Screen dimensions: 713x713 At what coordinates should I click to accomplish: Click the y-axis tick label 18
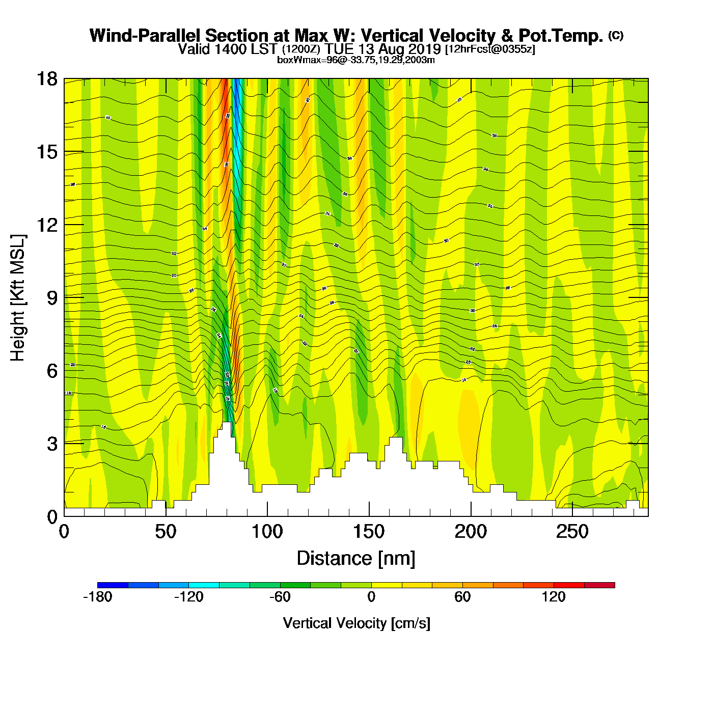[x=46, y=79]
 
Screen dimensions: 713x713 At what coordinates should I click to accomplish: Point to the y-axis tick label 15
[x=46, y=152]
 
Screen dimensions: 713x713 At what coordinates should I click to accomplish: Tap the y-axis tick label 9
[x=52, y=298]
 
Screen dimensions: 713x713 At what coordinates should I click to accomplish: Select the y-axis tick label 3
[x=52, y=444]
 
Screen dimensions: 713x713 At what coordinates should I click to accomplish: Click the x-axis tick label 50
[x=166, y=532]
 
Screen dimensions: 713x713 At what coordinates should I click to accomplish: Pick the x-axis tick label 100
[x=267, y=532]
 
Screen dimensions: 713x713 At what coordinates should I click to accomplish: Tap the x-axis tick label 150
[x=369, y=532]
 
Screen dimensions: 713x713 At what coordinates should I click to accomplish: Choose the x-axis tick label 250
[x=572, y=532]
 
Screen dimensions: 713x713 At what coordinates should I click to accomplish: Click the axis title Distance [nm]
[x=356, y=558]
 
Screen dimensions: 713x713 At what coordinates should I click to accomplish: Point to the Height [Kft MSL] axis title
[x=18, y=298]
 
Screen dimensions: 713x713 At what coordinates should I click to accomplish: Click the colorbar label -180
[x=97, y=597]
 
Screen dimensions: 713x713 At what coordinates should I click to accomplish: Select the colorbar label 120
[x=554, y=597]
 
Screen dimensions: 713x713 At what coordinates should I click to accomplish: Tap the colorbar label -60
[x=280, y=597]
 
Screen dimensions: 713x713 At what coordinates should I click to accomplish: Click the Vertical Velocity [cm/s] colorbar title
[x=356, y=623]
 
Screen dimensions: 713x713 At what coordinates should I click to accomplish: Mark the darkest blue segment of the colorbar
[x=113, y=585]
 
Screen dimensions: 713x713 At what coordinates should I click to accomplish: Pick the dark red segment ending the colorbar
[x=599, y=585]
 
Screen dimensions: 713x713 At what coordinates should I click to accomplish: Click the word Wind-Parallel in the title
[x=146, y=36]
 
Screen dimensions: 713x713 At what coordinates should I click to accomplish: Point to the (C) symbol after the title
[x=615, y=35]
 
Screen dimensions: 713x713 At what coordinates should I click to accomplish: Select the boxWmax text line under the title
[x=355, y=60]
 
